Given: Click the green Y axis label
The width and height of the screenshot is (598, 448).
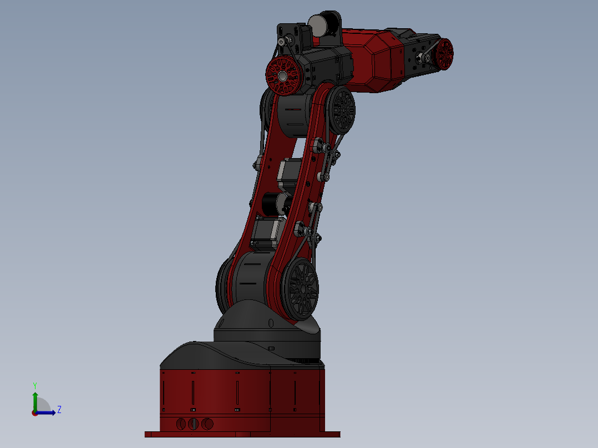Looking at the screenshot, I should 34,385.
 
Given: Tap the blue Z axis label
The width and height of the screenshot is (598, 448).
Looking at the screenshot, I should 59,410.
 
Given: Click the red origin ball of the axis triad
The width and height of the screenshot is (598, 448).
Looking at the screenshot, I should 34,413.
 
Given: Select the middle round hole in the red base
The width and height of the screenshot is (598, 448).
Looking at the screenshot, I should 194,424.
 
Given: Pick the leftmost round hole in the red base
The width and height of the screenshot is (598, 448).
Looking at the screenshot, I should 181,424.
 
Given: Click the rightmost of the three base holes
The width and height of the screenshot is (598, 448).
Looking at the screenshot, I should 207,424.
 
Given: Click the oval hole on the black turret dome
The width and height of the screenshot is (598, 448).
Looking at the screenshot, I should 271,323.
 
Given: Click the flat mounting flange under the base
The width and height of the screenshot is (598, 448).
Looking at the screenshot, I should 242,434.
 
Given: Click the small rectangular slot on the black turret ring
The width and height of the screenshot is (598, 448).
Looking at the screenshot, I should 271,348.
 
